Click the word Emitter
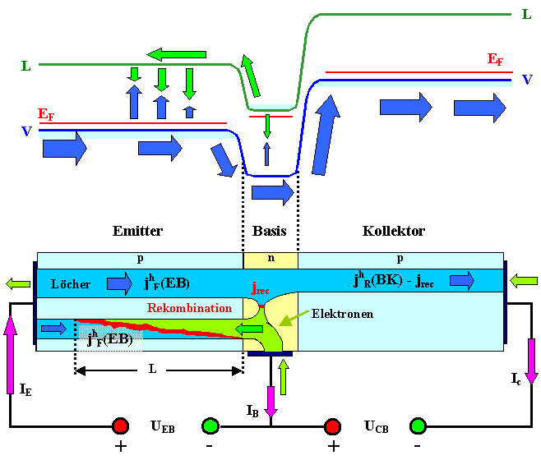coord(137,231)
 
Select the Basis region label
coord(270,231)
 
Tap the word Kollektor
coord(393,231)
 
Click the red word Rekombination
coord(189,308)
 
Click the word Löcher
coord(71,283)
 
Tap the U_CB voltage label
coord(379,427)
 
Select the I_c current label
coord(516,379)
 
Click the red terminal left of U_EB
coord(121,426)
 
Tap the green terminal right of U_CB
coord(418,426)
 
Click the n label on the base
coord(270,259)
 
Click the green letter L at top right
coord(526,14)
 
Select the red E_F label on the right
coord(495,59)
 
